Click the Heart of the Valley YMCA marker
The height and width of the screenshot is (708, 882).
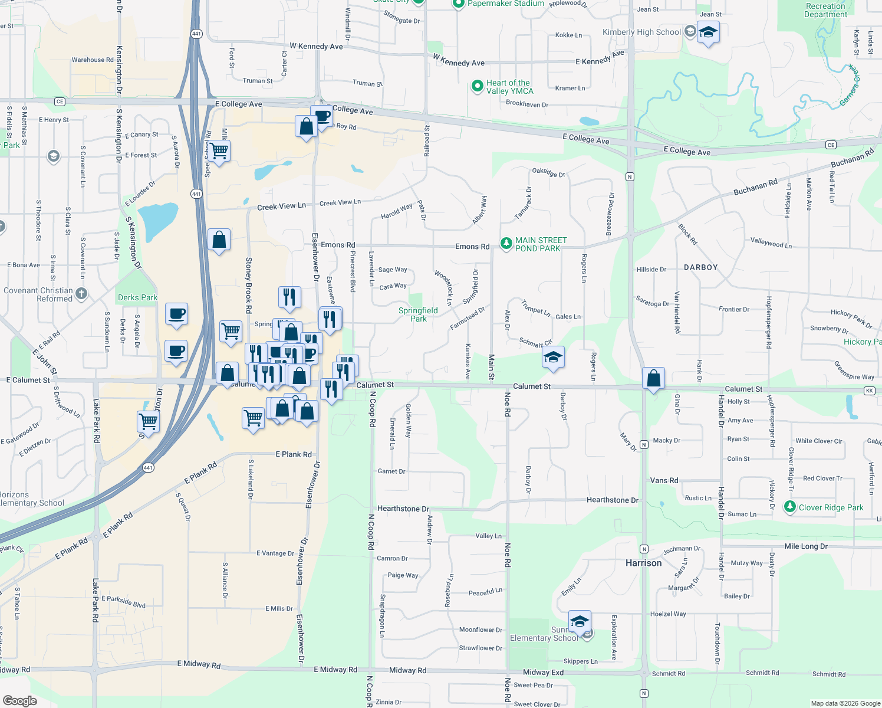tap(477, 87)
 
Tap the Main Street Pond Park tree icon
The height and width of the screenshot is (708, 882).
tap(506, 244)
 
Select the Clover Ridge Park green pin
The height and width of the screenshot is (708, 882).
tap(790, 507)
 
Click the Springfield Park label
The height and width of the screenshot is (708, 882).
tap(418, 314)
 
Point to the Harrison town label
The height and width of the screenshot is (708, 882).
tap(643, 563)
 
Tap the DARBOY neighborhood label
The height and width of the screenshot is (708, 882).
tap(700, 267)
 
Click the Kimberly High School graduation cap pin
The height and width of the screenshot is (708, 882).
tap(707, 33)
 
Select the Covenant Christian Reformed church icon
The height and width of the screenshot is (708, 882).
tap(81, 294)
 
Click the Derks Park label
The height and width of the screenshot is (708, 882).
tap(137, 297)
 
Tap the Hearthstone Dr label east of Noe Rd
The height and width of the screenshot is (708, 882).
tap(612, 500)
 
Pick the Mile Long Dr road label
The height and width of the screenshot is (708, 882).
tap(805, 546)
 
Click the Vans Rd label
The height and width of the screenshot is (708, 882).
tap(664, 480)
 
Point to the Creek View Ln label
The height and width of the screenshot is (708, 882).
tap(281, 206)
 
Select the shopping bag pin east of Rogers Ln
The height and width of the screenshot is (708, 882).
tap(653, 378)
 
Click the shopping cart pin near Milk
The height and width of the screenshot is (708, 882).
tap(219, 151)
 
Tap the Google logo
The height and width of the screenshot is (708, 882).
tap(19, 700)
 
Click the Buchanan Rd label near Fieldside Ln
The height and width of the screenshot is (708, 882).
tap(755, 187)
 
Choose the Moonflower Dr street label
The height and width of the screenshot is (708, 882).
tap(481, 630)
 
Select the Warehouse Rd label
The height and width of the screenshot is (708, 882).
tap(93, 60)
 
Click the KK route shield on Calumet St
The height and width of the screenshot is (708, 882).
tap(869, 391)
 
